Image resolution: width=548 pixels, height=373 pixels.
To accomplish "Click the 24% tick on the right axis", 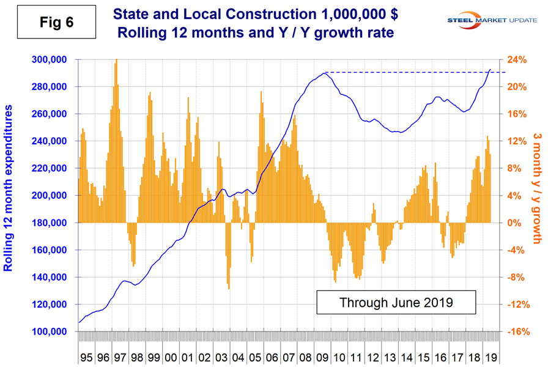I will [x=516, y=60].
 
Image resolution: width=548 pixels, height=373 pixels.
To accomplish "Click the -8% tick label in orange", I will [x=516, y=277].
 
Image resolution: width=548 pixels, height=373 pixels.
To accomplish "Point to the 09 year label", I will [x=319, y=356].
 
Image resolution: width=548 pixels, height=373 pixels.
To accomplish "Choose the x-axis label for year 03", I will [x=219, y=356].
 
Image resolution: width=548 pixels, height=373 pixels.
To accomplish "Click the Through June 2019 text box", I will [x=396, y=302].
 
